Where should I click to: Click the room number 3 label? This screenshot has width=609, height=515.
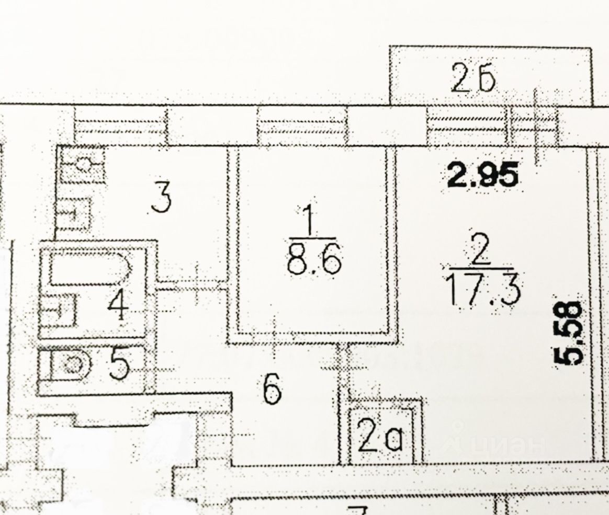(x=161, y=199)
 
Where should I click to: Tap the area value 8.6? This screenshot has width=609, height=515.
(x=314, y=261)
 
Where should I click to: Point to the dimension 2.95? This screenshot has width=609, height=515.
(x=483, y=175)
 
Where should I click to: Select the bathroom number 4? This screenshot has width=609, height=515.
(x=118, y=306)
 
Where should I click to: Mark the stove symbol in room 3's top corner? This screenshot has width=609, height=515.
(x=81, y=164)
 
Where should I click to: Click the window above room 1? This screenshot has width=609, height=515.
(x=302, y=125)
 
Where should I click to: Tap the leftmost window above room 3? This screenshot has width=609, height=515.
(x=120, y=125)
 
